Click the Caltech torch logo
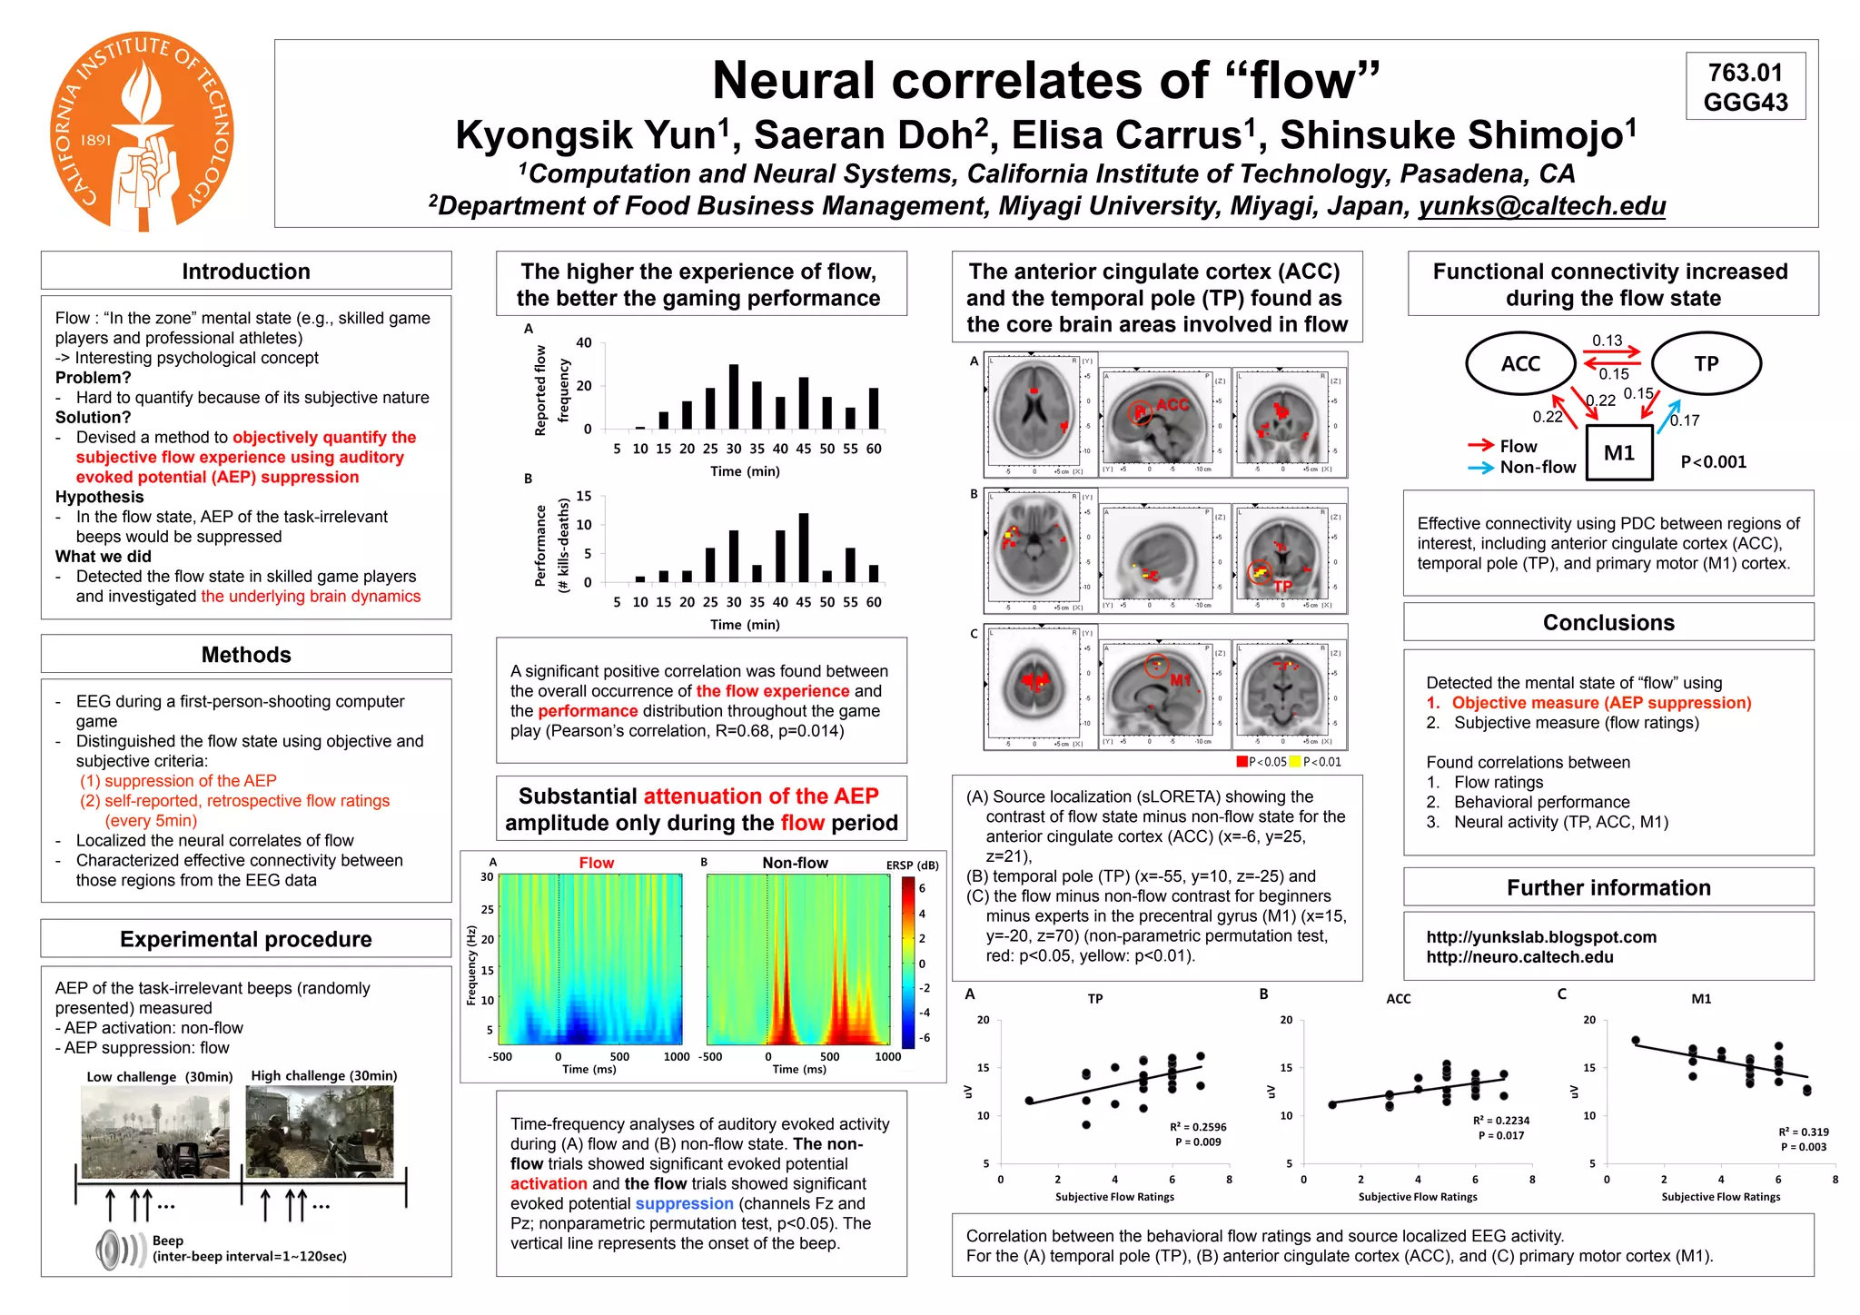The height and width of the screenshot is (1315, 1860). point(142,132)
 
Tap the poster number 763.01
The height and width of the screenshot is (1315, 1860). point(1745,72)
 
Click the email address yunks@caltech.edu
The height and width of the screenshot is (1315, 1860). point(1542,206)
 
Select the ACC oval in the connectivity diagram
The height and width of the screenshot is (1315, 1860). point(1520,363)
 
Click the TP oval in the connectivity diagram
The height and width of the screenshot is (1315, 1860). point(1706,363)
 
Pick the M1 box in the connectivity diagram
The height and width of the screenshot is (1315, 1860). point(1619,453)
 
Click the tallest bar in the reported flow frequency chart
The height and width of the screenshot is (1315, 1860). point(734,396)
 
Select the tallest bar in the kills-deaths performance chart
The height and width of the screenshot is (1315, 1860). point(804,548)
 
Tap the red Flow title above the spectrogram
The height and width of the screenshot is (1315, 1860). point(597,863)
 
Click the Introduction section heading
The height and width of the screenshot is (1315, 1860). point(246,272)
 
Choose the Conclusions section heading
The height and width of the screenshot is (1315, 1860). point(1608,623)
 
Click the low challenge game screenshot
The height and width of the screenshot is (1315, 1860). point(154,1132)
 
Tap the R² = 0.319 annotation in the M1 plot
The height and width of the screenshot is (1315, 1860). point(1803,1132)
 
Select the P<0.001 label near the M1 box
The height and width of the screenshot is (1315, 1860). point(1713,462)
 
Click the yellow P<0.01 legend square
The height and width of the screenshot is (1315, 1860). point(1295,762)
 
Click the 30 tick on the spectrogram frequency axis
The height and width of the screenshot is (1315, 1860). point(487,876)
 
